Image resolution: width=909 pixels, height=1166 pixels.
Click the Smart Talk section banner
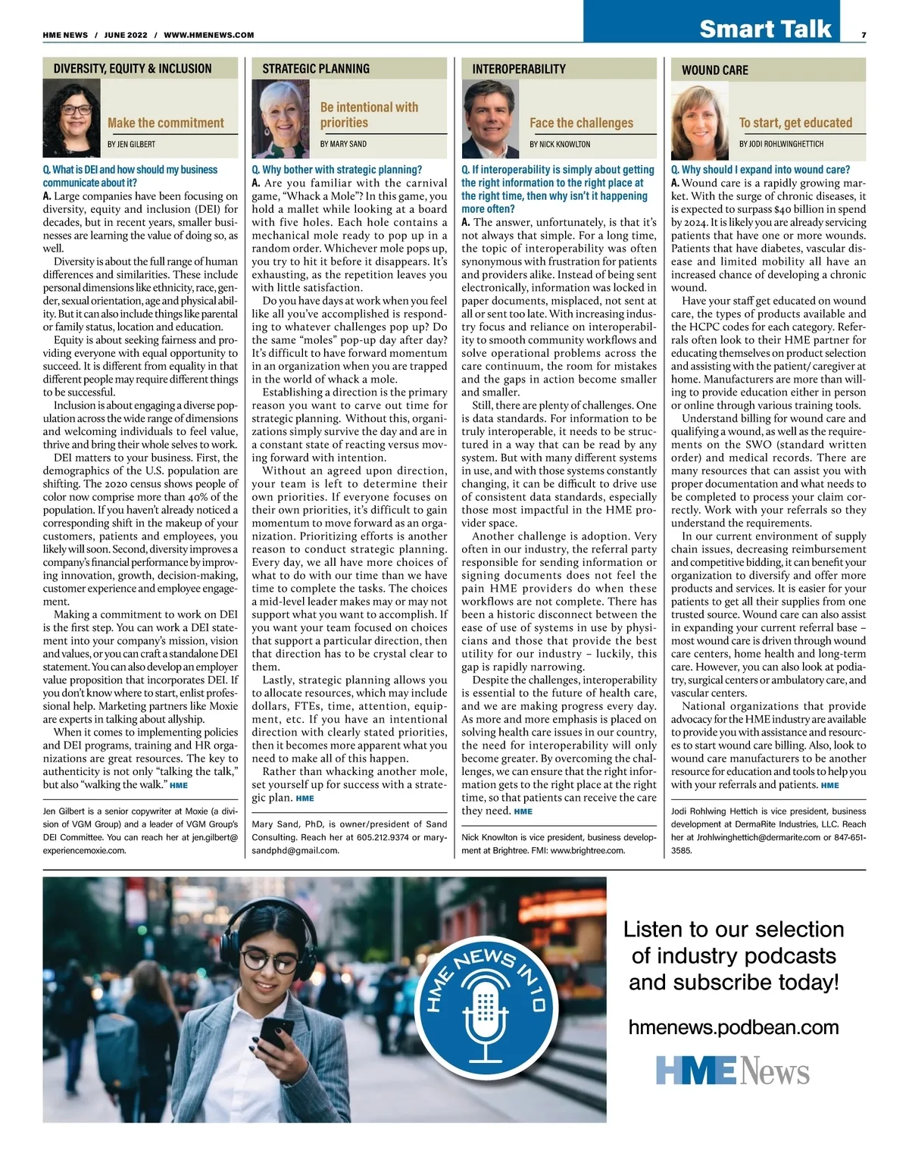(765, 29)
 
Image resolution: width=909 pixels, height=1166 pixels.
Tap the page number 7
(864, 35)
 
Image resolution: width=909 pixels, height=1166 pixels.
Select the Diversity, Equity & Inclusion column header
(133, 69)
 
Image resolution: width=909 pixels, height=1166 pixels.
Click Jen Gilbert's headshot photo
(72, 118)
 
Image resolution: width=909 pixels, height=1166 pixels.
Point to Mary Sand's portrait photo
(280, 118)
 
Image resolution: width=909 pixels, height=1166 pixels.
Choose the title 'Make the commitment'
(166, 123)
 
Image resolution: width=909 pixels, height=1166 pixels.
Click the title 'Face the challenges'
(581, 123)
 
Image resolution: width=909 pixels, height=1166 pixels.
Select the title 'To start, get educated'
(795, 123)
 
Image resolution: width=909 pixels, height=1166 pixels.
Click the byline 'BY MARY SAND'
(343, 144)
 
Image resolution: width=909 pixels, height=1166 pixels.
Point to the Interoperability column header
(519, 69)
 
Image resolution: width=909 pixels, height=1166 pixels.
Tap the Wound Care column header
(714, 70)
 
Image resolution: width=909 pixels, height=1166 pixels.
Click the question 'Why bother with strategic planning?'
(337, 170)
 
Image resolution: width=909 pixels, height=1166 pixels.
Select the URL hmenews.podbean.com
(733, 1027)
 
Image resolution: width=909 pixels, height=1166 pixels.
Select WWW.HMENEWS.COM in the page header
(209, 35)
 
